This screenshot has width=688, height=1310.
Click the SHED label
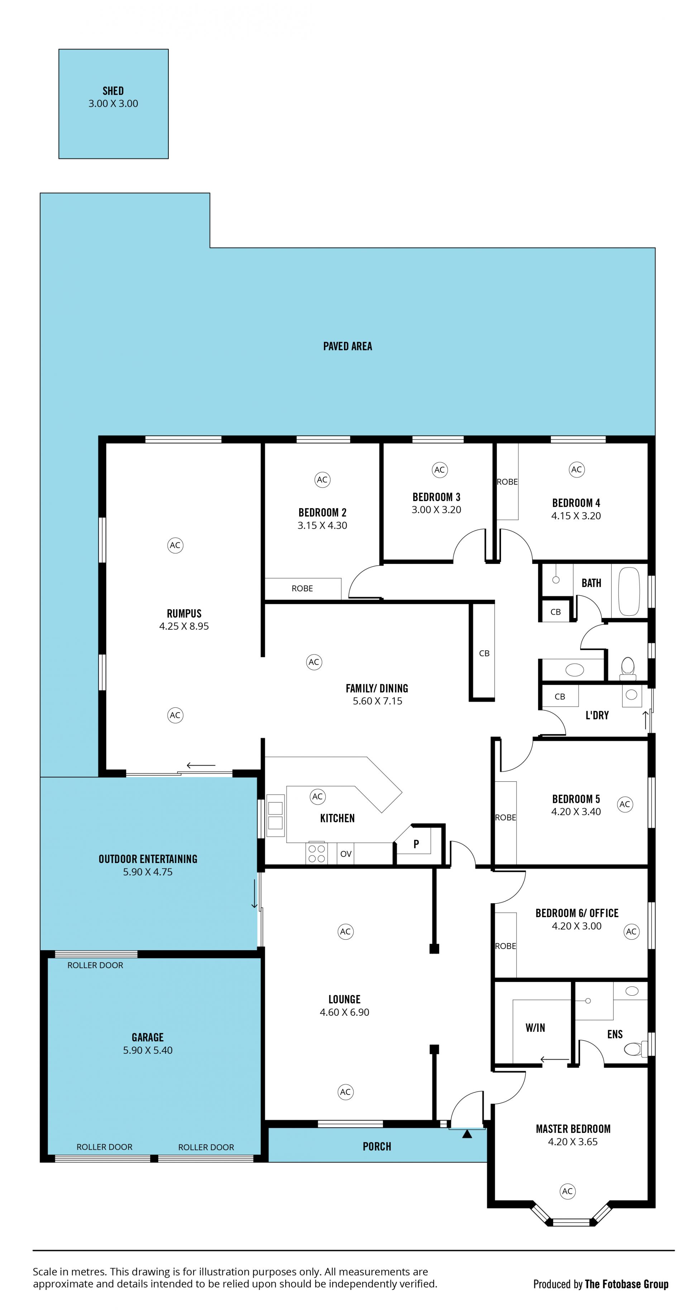(113, 91)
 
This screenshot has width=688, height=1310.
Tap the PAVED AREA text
(347, 346)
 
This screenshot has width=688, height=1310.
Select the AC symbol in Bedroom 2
(322, 479)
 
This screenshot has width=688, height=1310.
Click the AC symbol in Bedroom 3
(439, 470)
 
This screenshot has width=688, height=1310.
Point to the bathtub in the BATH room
(629, 591)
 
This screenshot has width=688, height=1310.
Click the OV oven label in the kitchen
(346, 853)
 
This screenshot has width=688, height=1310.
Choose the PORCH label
(377, 1146)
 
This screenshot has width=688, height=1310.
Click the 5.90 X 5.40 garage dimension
(148, 1050)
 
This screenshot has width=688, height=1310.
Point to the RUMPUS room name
(184, 613)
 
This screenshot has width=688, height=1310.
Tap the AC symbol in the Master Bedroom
(567, 1191)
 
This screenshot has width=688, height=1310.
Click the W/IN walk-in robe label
(535, 1028)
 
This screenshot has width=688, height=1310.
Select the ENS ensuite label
(615, 1034)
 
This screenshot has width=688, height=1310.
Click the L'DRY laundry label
(597, 715)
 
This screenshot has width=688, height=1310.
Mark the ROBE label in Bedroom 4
(507, 482)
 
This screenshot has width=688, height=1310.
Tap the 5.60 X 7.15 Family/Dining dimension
(377, 701)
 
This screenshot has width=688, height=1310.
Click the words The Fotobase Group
(626, 1284)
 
